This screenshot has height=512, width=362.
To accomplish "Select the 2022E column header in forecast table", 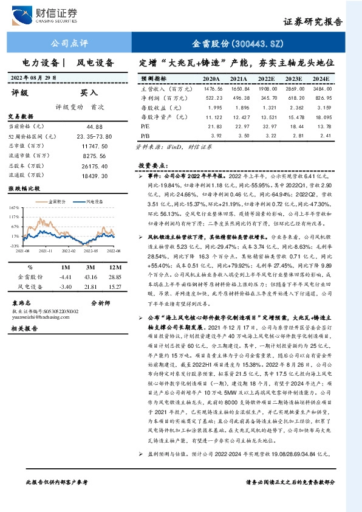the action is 267,79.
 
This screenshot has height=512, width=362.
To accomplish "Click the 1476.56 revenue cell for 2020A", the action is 210,89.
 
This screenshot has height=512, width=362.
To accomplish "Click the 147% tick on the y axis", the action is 14,207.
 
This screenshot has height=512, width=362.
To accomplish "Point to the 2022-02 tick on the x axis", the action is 67,250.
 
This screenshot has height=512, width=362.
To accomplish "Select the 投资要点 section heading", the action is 152,165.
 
